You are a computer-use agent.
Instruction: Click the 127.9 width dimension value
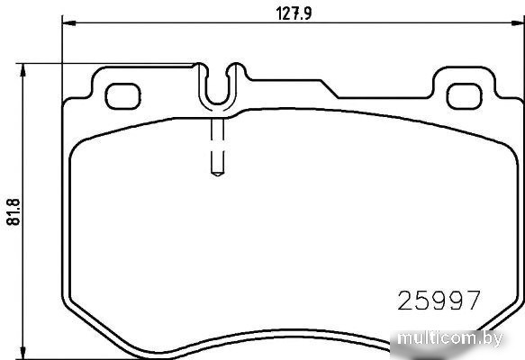click(x=294, y=13)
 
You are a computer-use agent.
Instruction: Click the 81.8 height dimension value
click(x=14, y=211)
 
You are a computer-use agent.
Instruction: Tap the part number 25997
click(x=439, y=300)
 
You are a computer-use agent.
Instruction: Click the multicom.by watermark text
click(x=450, y=338)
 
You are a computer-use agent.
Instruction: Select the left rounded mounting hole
click(x=122, y=96)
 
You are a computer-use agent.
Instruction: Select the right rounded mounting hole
click(x=465, y=96)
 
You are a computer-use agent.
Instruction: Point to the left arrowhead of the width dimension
click(x=69, y=22)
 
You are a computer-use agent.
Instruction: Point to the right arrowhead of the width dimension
click(x=518, y=22)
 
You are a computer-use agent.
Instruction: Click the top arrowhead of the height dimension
click(x=23, y=70)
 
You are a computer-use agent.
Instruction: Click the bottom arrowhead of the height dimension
click(x=23, y=352)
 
